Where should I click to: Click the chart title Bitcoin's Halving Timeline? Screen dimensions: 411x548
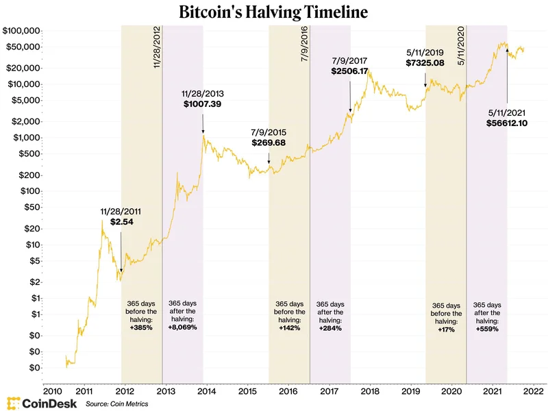pyautogui.click(x=274, y=12)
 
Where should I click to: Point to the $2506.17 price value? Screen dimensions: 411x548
pyautogui.click(x=350, y=71)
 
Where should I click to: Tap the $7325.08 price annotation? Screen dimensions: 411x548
pyautogui.click(x=426, y=63)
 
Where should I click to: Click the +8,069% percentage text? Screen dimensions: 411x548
pyautogui.click(x=182, y=328)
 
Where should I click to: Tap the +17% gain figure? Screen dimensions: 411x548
pyautogui.click(x=446, y=329)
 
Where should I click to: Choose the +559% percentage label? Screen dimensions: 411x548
pyautogui.click(x=487, y=328)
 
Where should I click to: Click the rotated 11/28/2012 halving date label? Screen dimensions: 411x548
pyautogui.click(x=157, y=47)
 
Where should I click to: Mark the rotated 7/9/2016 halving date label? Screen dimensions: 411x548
pyautogui.click(x=304, y=45)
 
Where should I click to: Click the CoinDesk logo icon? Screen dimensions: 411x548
pyautogui.click(x=12, y=403)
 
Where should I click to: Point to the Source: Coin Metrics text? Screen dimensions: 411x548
pyautogui.click(x=116, y=403)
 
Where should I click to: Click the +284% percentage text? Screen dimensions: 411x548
pyautogui.click(x=330, y=328)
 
